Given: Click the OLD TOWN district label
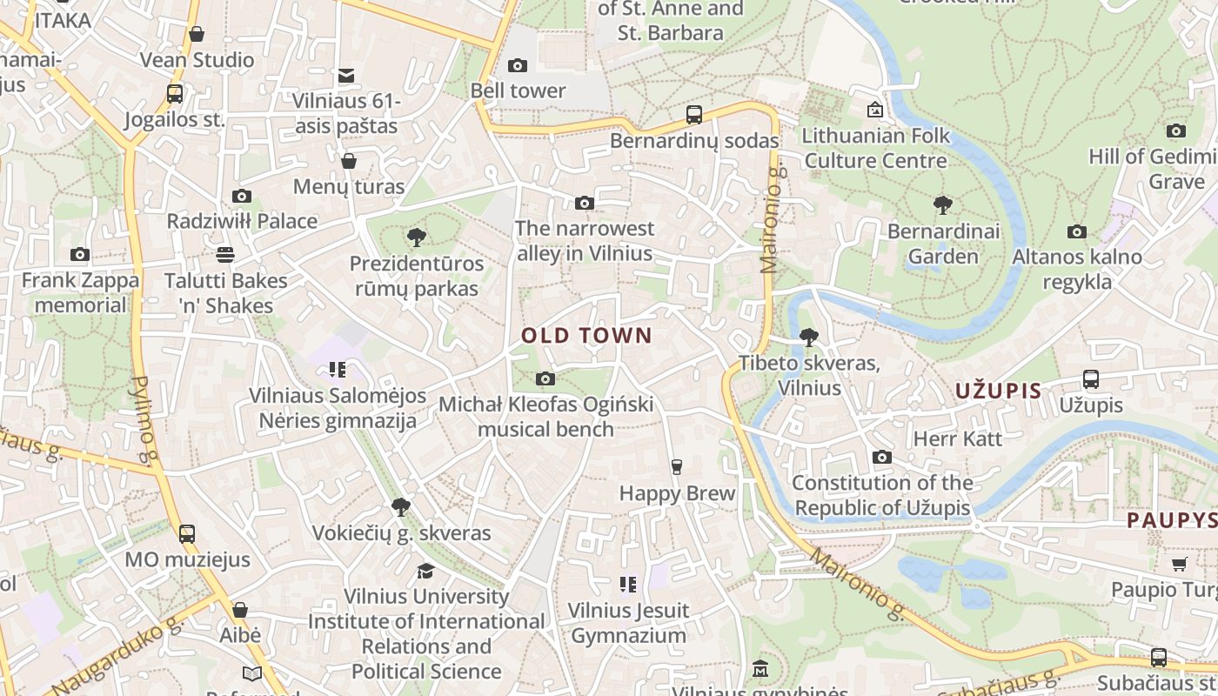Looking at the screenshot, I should pos(586,336).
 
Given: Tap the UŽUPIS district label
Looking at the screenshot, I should pos(998,391).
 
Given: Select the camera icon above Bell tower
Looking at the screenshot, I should pos(518,66).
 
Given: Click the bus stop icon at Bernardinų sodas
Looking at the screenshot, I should pos(693,115).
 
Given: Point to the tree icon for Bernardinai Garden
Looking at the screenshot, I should pos(942,206).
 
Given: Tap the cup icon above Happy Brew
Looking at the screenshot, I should pos(676,467).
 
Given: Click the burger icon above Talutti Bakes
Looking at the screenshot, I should pos(225,255).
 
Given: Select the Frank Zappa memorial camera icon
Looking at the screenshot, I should pos(80,255).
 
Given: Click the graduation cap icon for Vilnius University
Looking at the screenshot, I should pos(425,571).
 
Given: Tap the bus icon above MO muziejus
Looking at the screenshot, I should pos(187,534).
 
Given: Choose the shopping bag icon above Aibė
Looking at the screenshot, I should pos(240,610).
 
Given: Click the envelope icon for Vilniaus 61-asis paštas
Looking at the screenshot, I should pos(346,77).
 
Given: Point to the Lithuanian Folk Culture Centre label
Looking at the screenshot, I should pos(875,148).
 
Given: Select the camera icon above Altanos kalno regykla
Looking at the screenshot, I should pos(1077,232).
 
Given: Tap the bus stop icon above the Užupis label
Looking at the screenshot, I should pos(1090,379).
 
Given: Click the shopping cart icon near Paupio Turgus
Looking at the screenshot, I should pos(1179,565).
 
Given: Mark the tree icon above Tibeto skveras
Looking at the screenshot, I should pos(809,338).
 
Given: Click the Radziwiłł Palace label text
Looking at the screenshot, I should pos(242,221).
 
